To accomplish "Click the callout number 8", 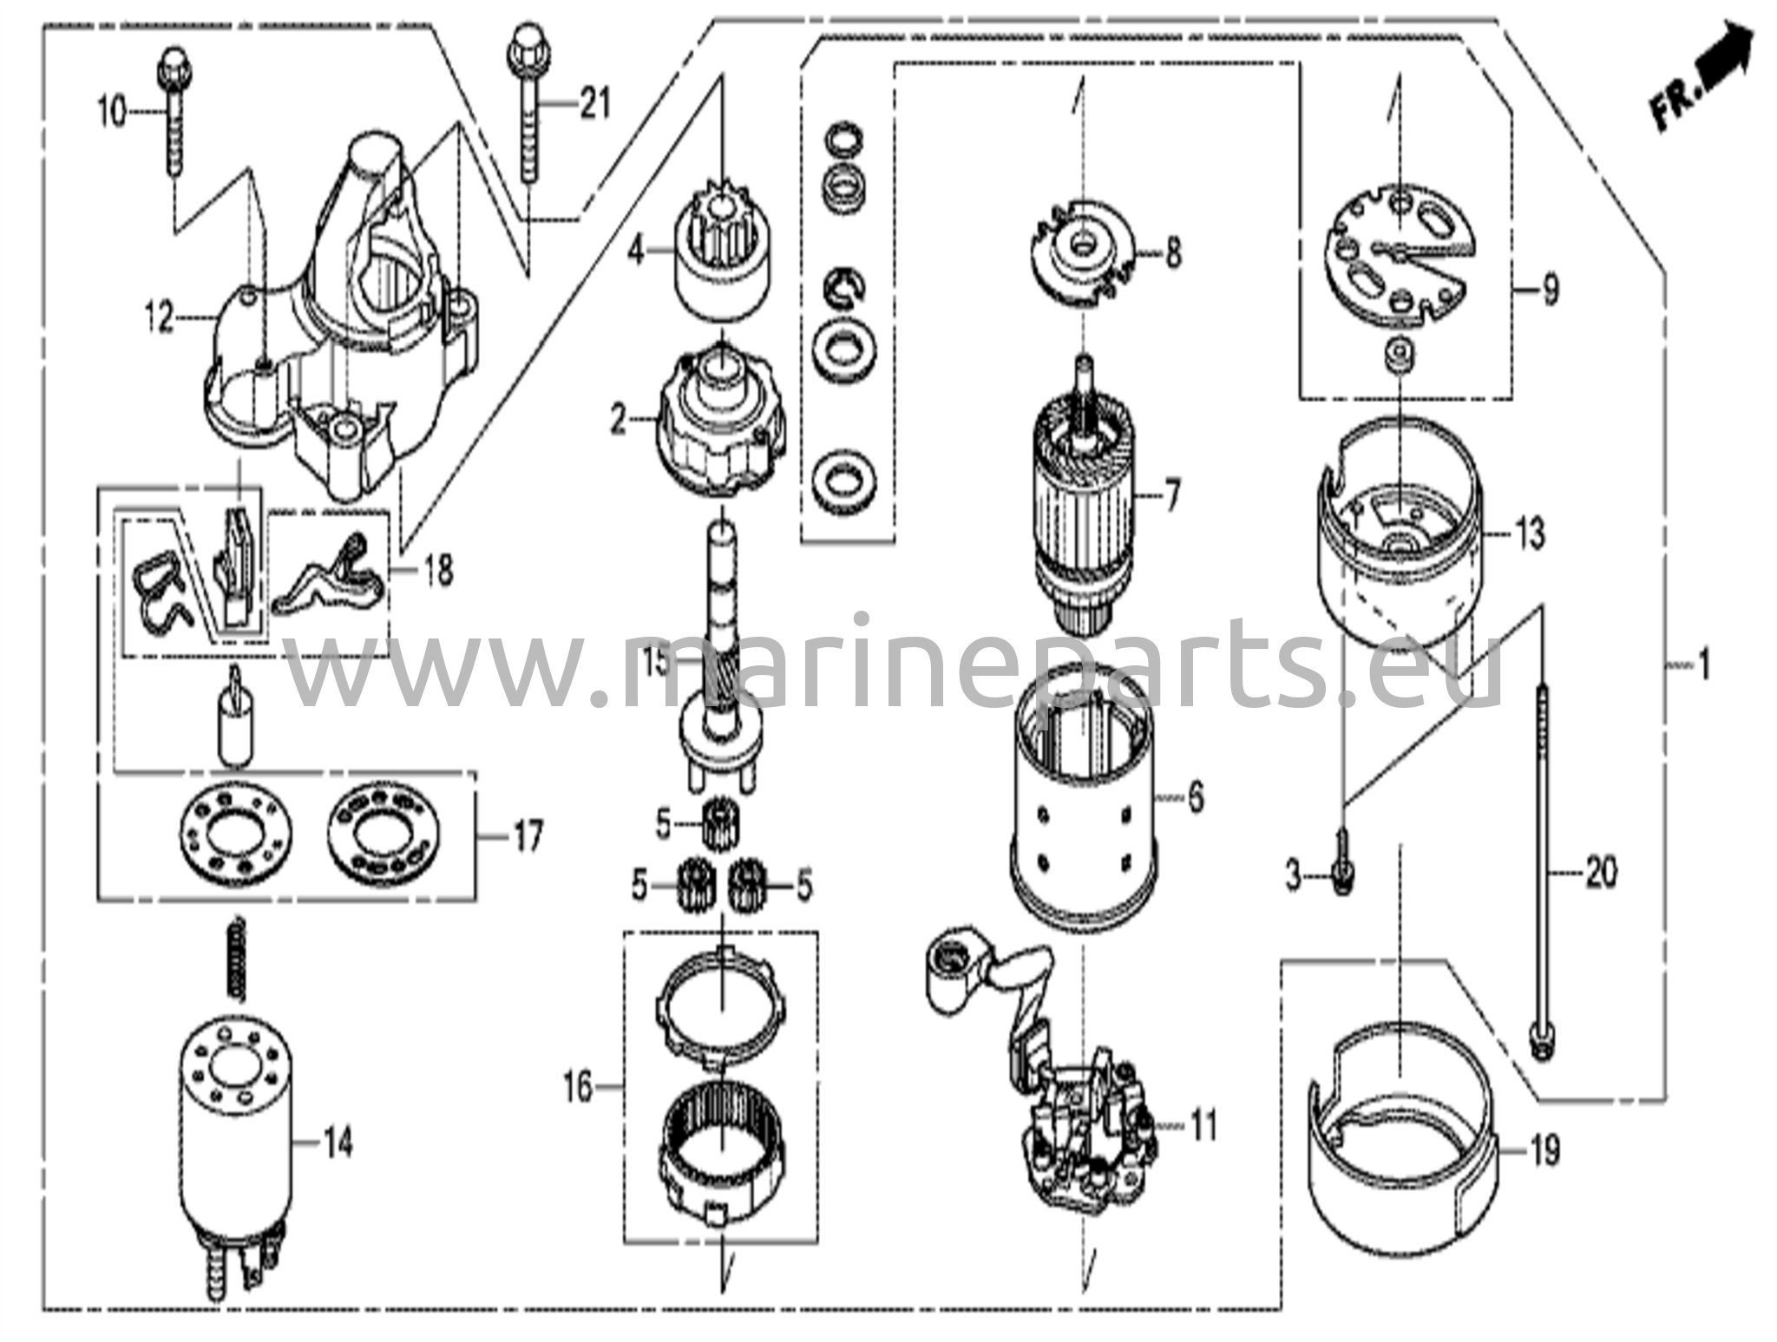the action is tap(1173, 254).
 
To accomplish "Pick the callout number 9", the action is tap(1550, 289).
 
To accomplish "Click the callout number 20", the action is tap(1601, 871).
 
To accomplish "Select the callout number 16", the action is tap(580, 1086).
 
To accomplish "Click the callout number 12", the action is tap(163, 318).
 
